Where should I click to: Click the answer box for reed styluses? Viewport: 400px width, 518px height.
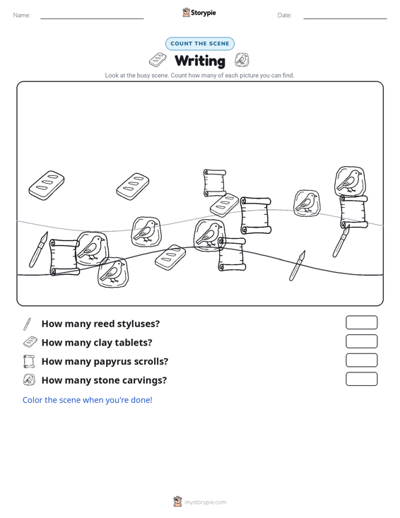pyautogui.click(x=361, y=322)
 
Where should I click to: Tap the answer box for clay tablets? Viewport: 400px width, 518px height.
pyautogui.click(x=361, y=341)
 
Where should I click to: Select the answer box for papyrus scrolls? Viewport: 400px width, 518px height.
pyautogui.click(x=361, y=360)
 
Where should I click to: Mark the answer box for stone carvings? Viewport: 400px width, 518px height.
pyautogui.click(x=361, y=379)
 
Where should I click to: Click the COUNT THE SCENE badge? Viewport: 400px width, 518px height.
pyautogui.click(x=200, y=44)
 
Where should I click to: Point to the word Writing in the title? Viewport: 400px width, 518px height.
pyautogui.click(x=200, y=61)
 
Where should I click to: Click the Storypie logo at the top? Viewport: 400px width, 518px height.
pyautogui.click(x=199, y=13)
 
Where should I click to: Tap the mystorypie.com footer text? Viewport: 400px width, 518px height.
pyautogui.click(x=205, y=502)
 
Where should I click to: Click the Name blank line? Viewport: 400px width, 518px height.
pyautogui.click(x=92, y=18)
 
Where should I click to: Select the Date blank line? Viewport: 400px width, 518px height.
pyautogui.click(x=345, y=18)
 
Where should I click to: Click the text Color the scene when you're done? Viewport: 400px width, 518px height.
pyautogui.click(x=87, y=400)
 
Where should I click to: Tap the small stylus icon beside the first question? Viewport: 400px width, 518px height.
pyautogui.click(x=27, y=324)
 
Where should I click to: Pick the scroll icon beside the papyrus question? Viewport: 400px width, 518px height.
pyautogui.click(x=29, y=361)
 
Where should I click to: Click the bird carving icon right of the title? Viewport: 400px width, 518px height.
pyautogui.click(x=242, y=60)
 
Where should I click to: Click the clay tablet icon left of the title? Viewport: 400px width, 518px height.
pyautogui.click(x=158, y=60)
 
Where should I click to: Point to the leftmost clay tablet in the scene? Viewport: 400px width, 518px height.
pyautogui.click(x=46, y=185)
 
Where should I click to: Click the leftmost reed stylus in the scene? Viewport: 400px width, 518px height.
pyautogui.click(x=38, y=249)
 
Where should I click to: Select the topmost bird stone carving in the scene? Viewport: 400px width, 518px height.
pyautogui.click(x=351, y=181)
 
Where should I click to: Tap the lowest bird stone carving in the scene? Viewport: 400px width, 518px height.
pyautogui.click(x=113, y=272)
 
